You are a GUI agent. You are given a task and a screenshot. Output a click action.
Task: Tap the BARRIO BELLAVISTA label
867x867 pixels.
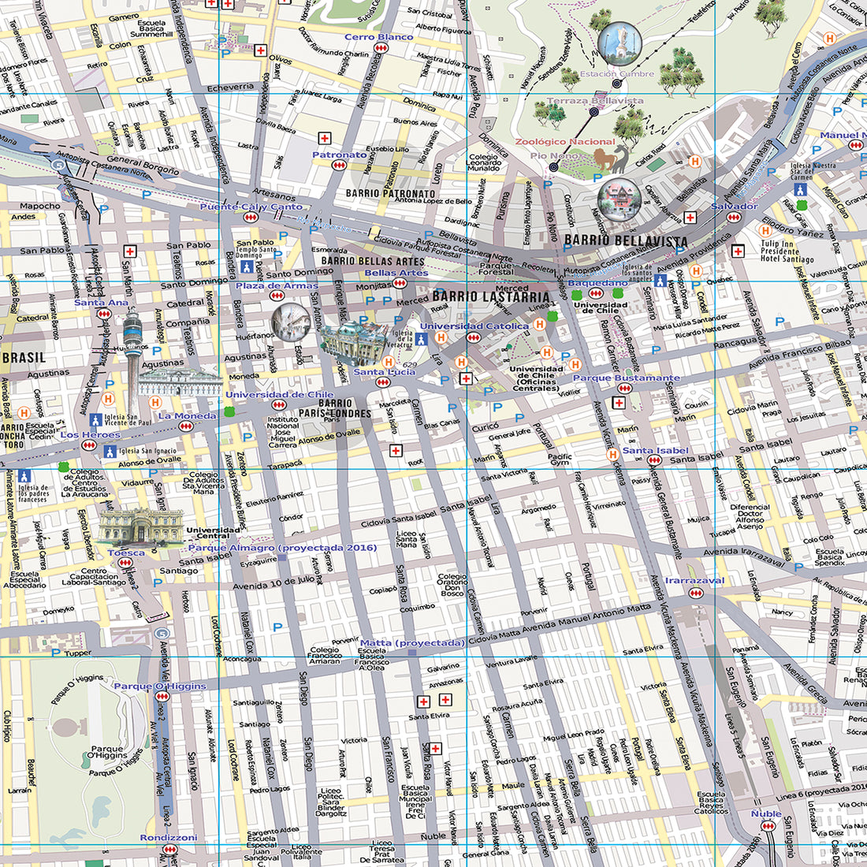[626, 240]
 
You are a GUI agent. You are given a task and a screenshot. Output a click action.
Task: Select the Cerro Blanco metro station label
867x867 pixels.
[378, 37]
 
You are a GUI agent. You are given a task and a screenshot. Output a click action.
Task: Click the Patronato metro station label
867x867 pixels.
[339, 154]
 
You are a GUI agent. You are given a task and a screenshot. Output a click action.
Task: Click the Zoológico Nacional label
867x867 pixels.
[564, 142]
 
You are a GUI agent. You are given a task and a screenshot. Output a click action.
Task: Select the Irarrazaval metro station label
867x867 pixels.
[694, 580]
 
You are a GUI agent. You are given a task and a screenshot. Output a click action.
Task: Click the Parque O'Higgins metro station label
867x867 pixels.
[159, 686]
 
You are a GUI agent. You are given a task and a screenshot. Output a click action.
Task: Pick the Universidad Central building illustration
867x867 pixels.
[140, 526]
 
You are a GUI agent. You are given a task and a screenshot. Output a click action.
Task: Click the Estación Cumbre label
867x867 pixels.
[616, 74]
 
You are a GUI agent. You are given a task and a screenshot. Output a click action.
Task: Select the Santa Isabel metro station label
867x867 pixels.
[655, 451]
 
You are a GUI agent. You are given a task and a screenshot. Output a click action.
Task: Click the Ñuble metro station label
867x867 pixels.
[765, 813]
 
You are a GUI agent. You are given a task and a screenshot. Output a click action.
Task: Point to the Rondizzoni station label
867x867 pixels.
[168, 837]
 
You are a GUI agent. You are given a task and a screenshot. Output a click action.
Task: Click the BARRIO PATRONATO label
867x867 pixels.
[390, 193]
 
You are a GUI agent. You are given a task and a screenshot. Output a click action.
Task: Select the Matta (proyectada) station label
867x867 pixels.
[411, 643]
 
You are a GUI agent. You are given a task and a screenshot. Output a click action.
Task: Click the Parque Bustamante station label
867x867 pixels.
[626, 378]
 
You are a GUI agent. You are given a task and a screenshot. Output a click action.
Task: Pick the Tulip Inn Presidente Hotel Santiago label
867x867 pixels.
[786, 251]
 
